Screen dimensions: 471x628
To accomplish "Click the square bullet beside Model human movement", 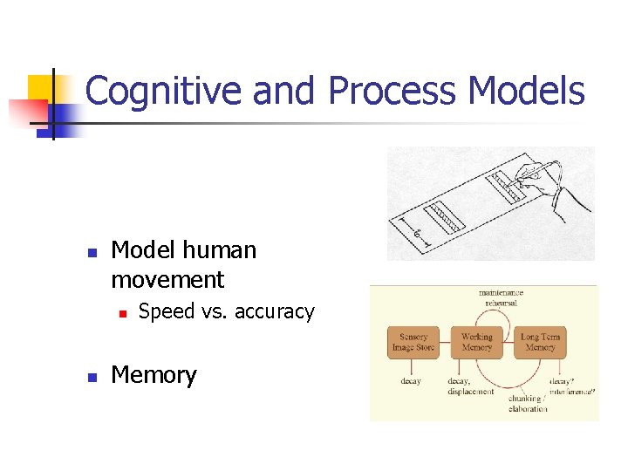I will coord(91,252).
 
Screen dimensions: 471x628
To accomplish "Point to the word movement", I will coord(167,280).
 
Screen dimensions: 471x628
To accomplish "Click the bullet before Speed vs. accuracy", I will coord(123,312).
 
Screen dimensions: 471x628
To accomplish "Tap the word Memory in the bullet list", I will coord(154,375).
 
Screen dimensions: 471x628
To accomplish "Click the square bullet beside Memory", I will coord(91,377).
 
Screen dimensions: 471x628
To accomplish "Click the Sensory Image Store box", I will coord(413,342).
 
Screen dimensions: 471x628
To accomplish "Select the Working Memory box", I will coord(476,342).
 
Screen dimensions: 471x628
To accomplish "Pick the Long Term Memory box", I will coord(540,342).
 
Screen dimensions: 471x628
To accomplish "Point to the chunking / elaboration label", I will coord(528,404).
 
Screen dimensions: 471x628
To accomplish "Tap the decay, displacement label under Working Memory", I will coord(471,386).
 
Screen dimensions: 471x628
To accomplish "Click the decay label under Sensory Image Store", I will coord(411,381).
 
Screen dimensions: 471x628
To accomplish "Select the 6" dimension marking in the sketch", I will coord(418,235).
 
